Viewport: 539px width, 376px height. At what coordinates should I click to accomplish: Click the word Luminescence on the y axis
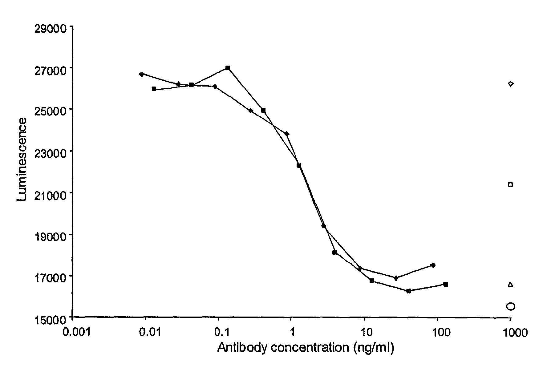tap(22, 160)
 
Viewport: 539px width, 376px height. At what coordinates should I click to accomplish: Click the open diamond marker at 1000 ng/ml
tap(511, 84)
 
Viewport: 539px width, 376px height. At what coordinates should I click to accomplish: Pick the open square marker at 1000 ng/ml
tap(510, 184)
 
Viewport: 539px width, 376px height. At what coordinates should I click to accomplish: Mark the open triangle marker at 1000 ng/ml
tap(510, 284)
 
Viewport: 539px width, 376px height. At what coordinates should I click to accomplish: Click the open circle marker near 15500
tap(510, 306)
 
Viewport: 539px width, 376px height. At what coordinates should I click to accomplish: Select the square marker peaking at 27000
tap(228, 68)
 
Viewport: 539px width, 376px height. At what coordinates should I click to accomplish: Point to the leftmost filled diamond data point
tap(142, 74)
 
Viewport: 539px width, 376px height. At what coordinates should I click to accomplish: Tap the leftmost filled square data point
tap(154, 89)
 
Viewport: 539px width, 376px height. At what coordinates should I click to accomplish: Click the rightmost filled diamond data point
tap(433, 265)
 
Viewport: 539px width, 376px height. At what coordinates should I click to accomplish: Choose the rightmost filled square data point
tap(445, 284)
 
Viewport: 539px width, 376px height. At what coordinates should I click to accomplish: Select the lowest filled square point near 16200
tap(409, 291)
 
